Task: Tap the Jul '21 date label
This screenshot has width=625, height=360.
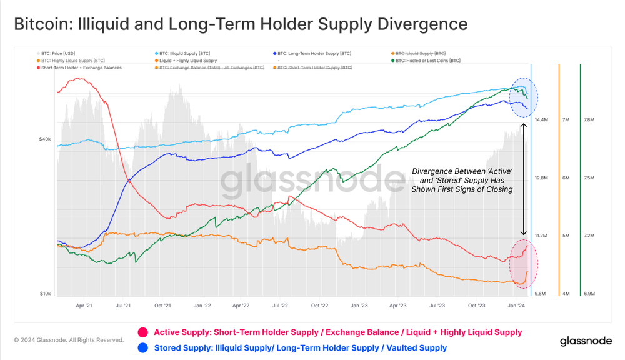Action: click(123, 306)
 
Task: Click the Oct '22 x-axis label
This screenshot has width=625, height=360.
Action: click(319, 306)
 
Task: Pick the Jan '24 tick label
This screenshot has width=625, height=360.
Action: click(516, 306)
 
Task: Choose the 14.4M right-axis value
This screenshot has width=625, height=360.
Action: click(541, 119)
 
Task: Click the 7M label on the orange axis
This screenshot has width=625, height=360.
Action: click(566, 119)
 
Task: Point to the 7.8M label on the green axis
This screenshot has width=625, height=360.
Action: click(588, 119)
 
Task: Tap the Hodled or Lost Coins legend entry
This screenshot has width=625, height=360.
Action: click(427, 61)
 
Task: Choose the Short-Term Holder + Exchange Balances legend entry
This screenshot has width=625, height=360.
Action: click(81, 67)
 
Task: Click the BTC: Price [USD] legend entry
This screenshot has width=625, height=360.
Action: click(57, 54)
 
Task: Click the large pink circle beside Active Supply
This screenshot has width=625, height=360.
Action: click(143, 332)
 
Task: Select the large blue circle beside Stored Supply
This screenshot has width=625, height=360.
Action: click(143, 347)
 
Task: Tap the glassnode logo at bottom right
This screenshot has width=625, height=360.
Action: click(586, 341)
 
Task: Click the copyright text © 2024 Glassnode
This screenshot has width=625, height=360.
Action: click(69, 341)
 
